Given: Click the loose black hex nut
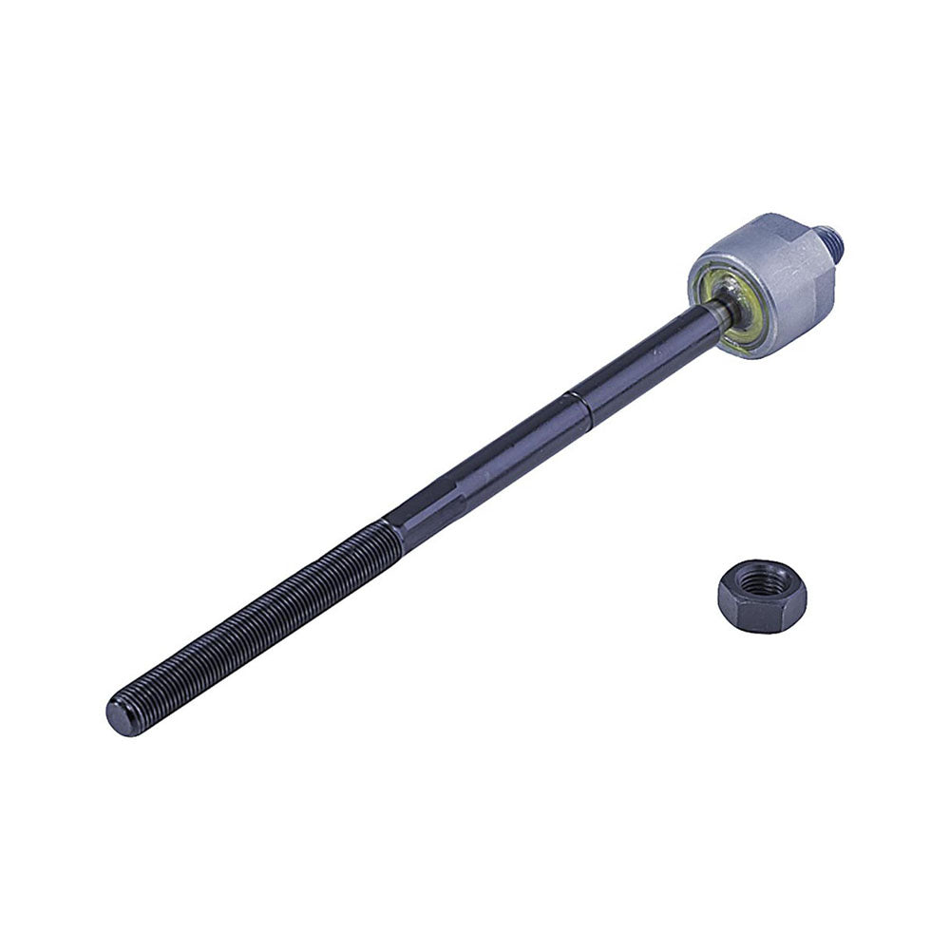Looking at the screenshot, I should [762, 596].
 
